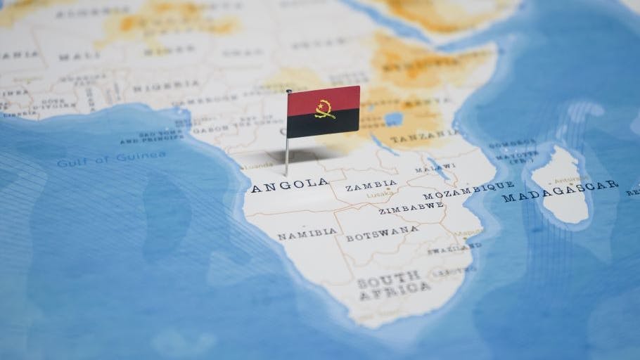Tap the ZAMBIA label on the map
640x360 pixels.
tap(371, 186)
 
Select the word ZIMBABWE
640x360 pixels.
tap(411, 207)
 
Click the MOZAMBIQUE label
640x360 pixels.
tap(468, 190)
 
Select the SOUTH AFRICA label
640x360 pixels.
tap(394, 285)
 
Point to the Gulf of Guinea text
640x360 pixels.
tap(112, 160)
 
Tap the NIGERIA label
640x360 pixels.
tap(156, 87)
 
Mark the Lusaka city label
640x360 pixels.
tap(377, 195)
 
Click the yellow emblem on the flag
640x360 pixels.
tap(324, 108)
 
